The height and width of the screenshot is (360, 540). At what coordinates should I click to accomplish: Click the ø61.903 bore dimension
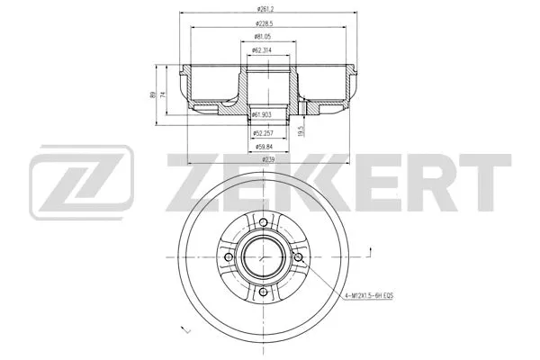pyautogui.click(x=264, y=114)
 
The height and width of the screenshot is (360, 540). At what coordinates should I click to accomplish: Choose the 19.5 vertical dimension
pyautogui.click(x=301, y=130)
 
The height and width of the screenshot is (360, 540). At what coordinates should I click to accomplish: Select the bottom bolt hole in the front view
pyautogui.click(x=261, y=292)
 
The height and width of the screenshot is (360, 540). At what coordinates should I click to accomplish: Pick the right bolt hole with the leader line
pyautogui.click(x=294, y=258)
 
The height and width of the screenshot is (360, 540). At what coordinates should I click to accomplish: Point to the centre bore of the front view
pyautogui.click(x=261, y=258)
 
